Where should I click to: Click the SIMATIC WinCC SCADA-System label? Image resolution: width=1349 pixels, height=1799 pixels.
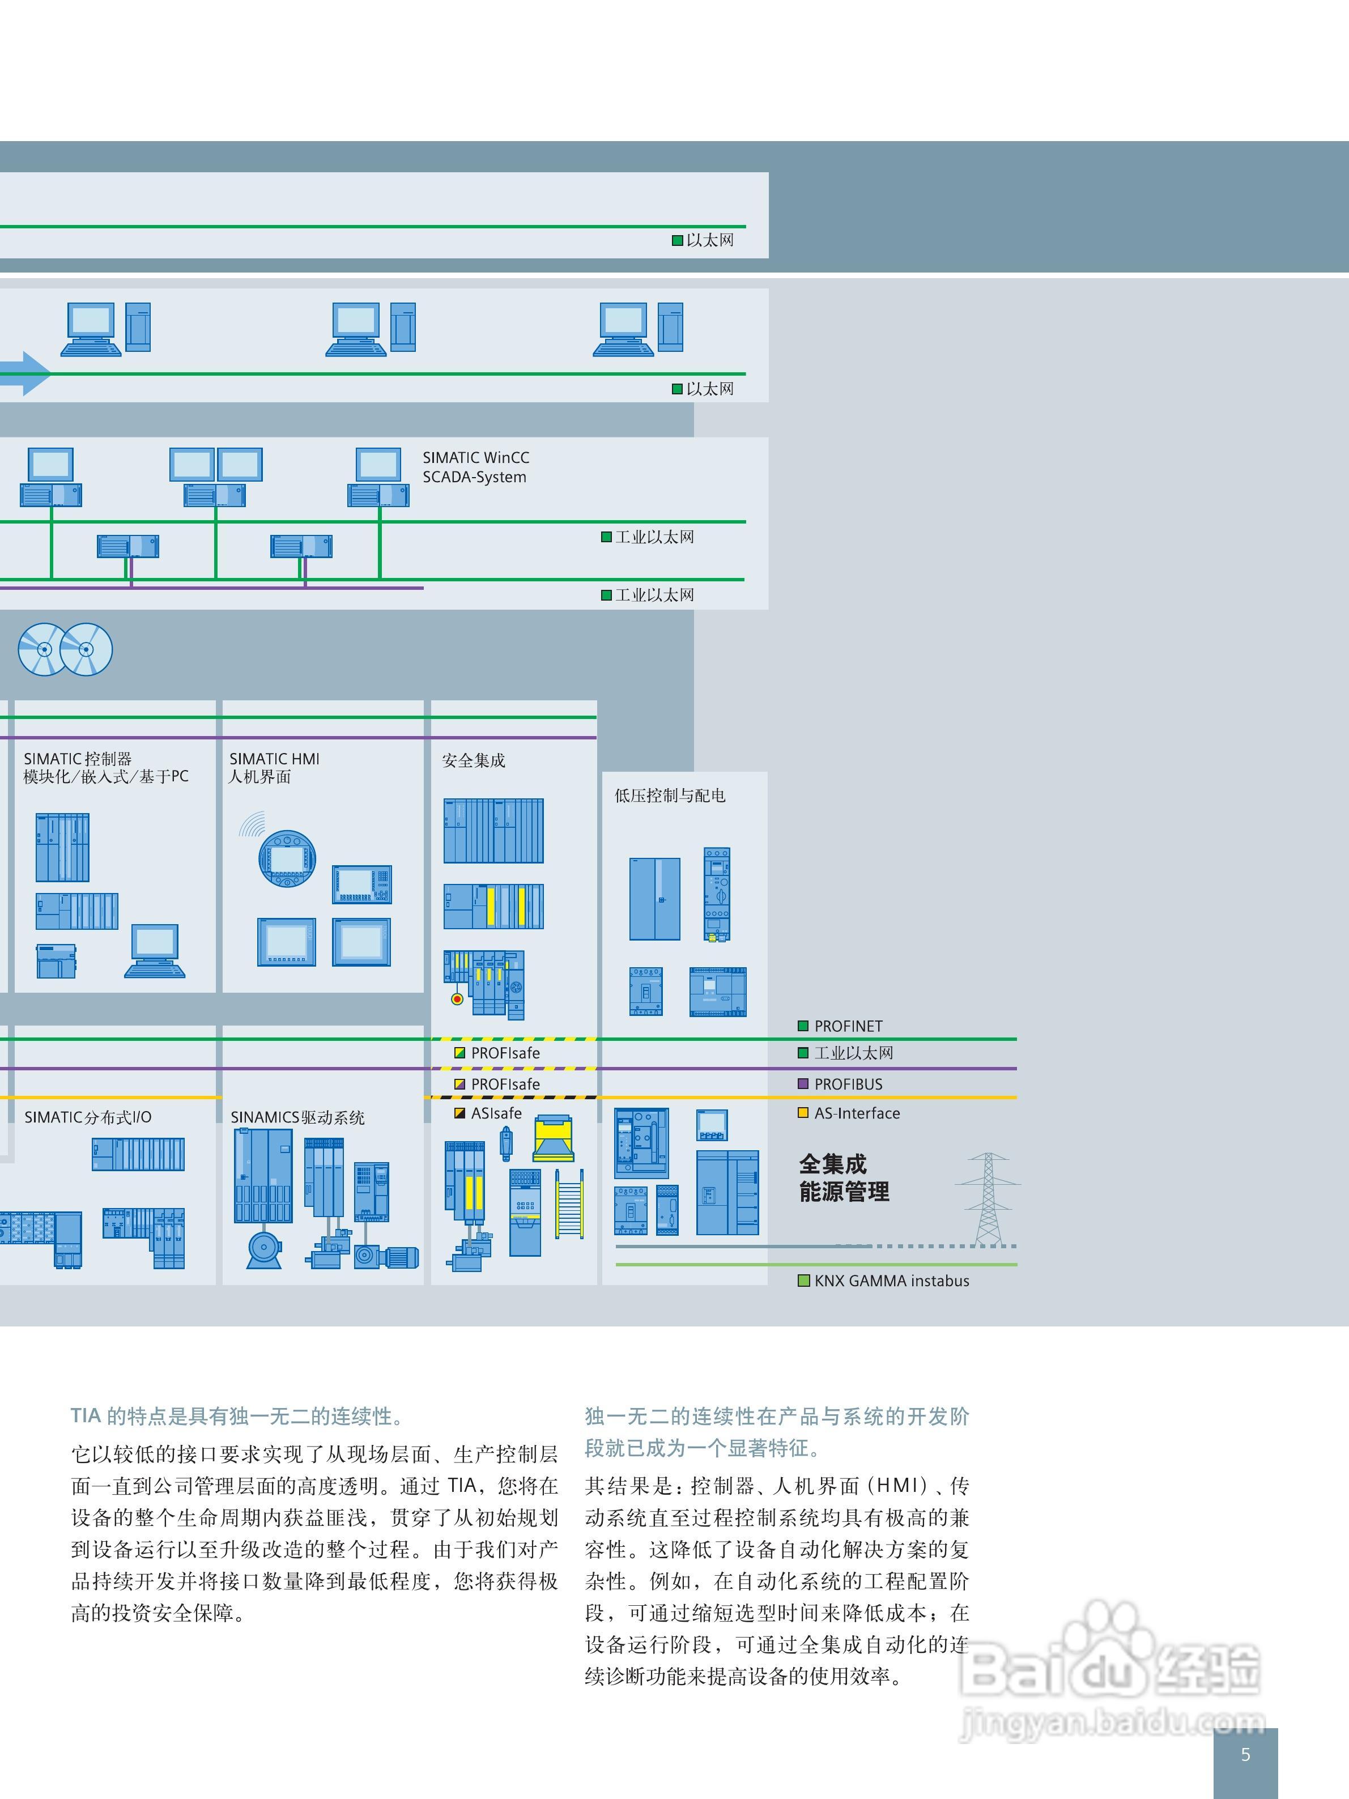pyautogui.click(x=476, y=467)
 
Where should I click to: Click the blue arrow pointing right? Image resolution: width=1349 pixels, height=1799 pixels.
pyautogui.click(x=28, y=374)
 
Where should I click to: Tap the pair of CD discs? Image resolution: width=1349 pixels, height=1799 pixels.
pyautogui.click(x=65, y=649)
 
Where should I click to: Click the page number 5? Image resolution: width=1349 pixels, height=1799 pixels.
pyautogui.click(x=1245, y=1754)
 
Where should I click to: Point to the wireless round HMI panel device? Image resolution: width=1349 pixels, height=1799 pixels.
pyautogui.click(x=286, y=858)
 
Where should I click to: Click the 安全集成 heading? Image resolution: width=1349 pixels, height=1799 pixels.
pyautogui.click(x=473, y=760)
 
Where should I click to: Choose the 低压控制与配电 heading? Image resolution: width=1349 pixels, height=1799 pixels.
pyautogui.click(x=669, y=796)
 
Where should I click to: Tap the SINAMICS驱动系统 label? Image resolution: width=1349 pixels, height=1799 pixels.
pyautogui.click(x=297, y=1117)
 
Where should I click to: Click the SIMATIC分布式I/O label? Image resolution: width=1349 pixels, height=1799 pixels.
pyautogui.click(x=88, y=1117)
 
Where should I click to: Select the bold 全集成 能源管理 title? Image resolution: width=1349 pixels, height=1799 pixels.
pyautogui.click(x=843, y=1177)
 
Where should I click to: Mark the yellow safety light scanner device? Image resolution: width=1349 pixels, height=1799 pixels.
pyautogui.click(x=554, y=1138)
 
